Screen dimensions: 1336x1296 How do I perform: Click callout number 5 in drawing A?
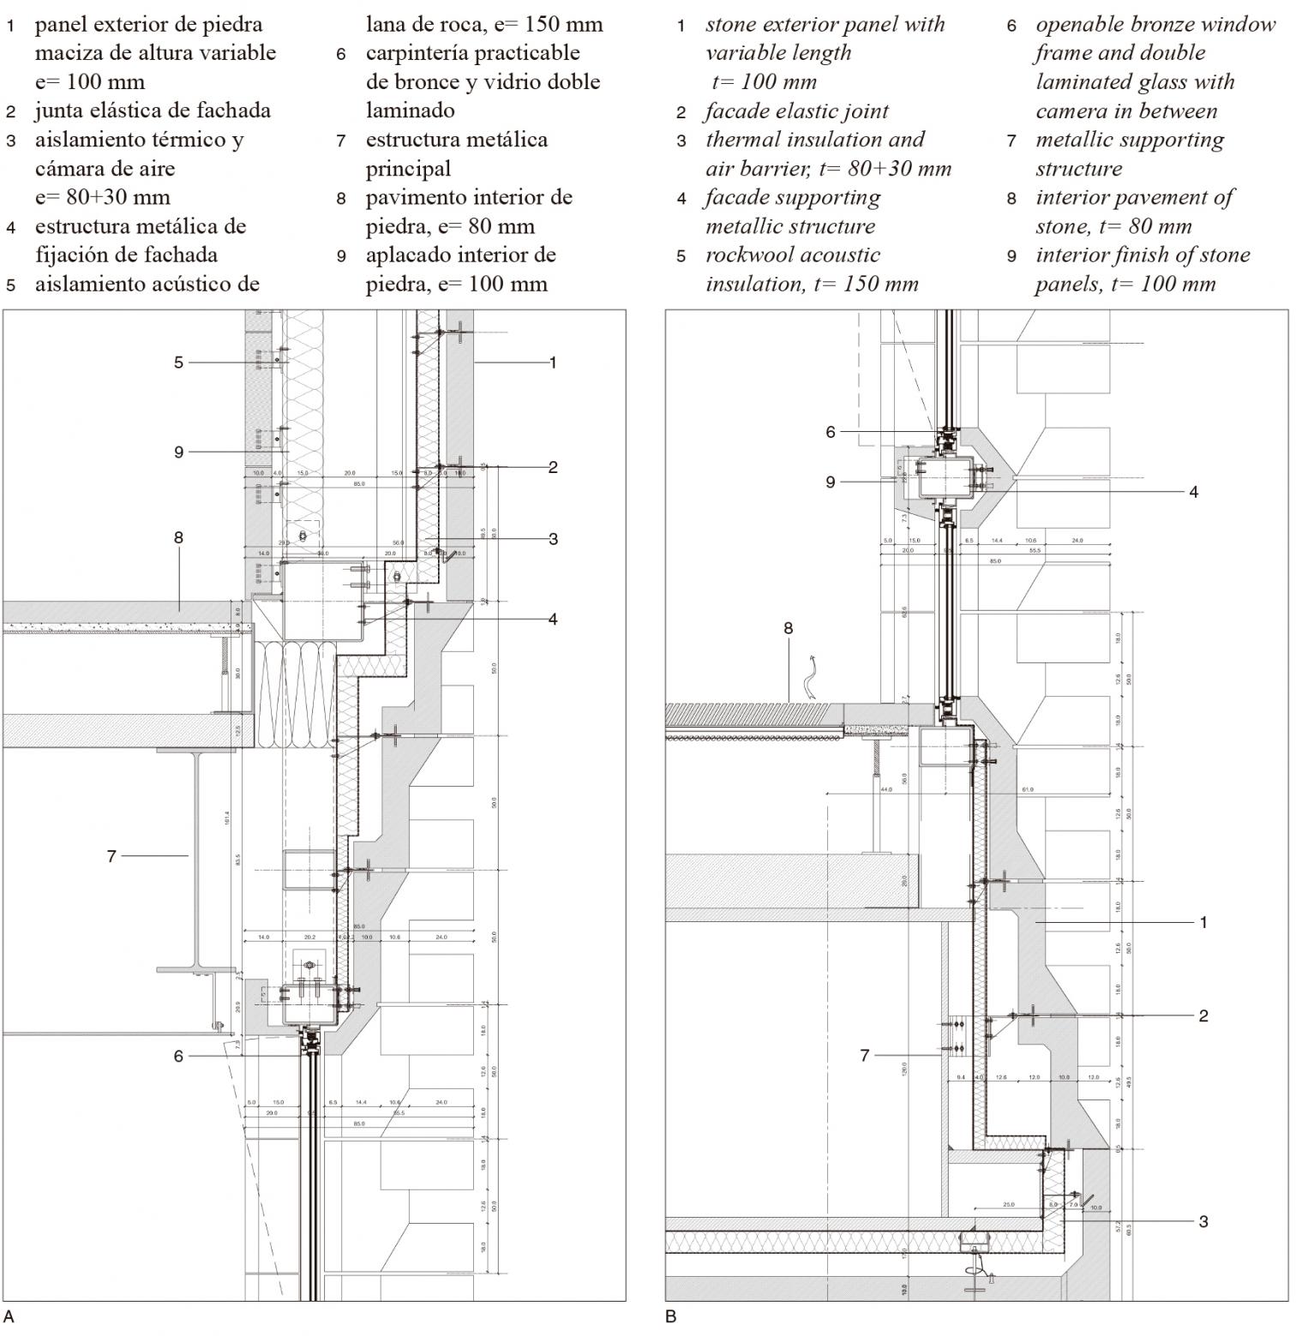178,362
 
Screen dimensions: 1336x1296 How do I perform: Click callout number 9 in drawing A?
178,452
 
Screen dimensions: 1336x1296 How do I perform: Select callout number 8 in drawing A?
178,538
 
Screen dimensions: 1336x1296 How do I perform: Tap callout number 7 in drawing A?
111,855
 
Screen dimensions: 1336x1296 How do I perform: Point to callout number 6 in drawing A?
178,1056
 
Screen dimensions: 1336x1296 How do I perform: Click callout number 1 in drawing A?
553,362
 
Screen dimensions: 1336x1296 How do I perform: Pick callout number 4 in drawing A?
553,619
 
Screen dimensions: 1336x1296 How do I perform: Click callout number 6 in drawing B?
830,432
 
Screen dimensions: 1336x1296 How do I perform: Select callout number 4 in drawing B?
1193,492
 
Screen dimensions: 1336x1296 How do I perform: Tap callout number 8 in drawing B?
789,628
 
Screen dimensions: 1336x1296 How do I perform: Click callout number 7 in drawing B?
865,1056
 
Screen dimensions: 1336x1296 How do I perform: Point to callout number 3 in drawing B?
1203,1221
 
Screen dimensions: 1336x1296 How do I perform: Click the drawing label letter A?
9,1316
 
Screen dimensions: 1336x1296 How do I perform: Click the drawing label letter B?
671,1316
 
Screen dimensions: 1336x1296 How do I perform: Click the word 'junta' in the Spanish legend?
63,111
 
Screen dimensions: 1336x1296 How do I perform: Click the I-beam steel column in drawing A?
196,857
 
